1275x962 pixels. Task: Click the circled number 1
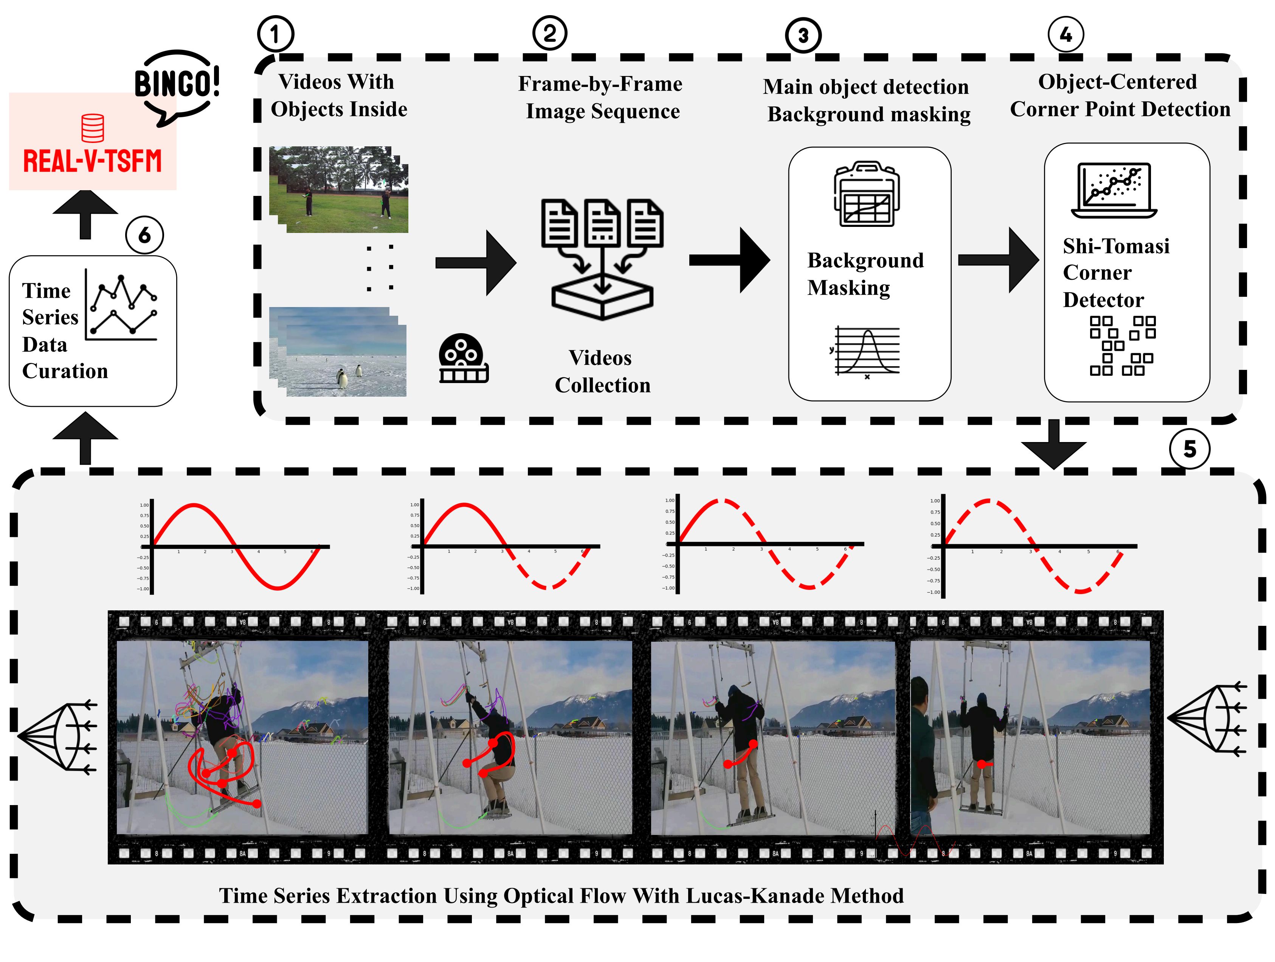coord(275,34)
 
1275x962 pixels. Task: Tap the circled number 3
coord(803,36)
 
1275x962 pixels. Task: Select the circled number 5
coord(1189,449)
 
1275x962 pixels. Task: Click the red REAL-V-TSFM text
coord(92,161)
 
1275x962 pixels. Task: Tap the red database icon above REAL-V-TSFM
coord(92,128)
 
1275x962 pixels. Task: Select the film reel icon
coord(463,358)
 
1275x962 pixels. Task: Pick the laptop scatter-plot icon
coord(1114,190)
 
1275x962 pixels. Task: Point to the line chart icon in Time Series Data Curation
coord(122,306)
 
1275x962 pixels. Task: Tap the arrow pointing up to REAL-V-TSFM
coord(85,214)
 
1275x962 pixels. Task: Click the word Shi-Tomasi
coord(1116,246)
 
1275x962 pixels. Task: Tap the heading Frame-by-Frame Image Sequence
coord(600,98)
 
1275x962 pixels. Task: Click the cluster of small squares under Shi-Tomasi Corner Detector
coord(1122,346)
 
